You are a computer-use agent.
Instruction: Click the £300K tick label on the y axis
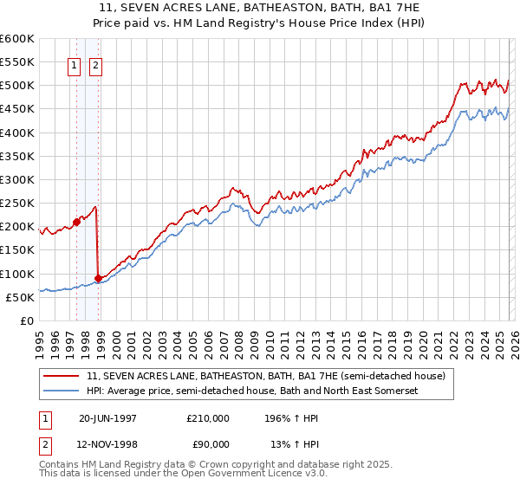pos(16,180)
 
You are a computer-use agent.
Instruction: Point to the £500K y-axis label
pos(16,86)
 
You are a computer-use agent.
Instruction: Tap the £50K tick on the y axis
pos(19,298)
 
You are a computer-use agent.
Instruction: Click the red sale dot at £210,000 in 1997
pos(76,222)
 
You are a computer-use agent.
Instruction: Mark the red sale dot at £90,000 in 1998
pos(98,278)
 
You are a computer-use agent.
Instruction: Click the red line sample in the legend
pos(62,377)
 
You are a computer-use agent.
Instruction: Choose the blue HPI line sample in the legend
pos(62,391)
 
